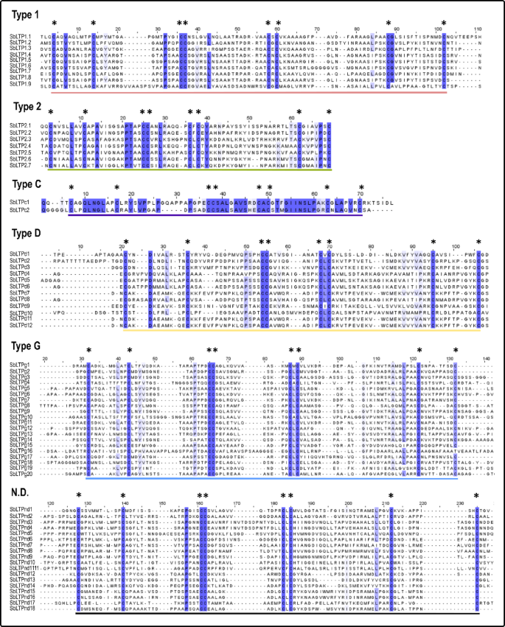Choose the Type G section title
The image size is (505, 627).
click(x=24, y=345)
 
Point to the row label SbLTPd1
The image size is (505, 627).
click(x=20, y=253)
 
